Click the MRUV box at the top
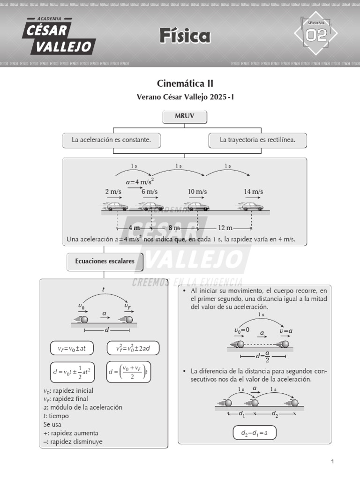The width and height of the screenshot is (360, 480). (184, 117)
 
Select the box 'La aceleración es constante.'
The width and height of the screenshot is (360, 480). (111, 140)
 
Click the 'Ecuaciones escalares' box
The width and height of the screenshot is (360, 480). (105, 261)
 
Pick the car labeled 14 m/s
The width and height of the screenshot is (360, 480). (252, 206)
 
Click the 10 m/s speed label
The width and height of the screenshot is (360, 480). (197, 192)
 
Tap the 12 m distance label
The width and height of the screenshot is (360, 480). (225, 228)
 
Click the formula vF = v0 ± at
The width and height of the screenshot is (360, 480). (72, 348)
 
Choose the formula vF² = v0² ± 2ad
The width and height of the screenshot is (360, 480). (133, 348)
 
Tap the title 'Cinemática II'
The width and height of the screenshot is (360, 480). (185, 83)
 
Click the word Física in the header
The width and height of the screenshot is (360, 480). (185, 36)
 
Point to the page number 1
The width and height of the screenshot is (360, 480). (332, 462)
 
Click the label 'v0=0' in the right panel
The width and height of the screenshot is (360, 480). (242, 330)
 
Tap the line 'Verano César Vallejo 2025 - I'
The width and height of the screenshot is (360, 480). (185, 97)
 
